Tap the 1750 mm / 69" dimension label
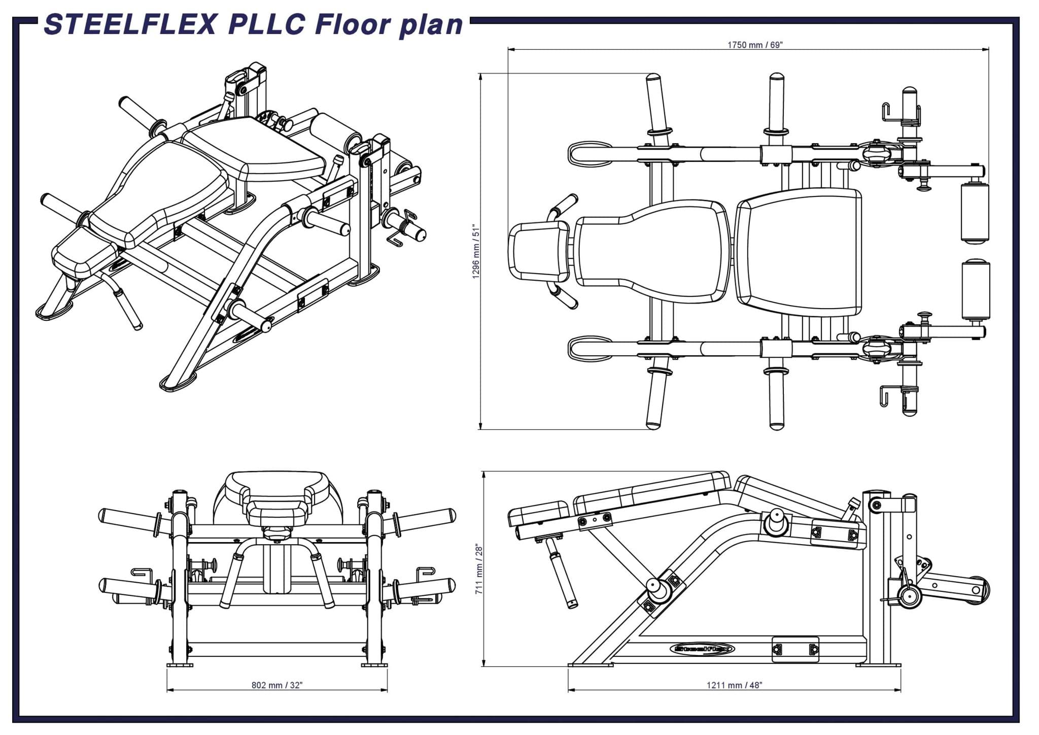click(755, 45)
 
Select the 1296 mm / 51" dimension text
click(476, 251)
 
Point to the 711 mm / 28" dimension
click(479, 569)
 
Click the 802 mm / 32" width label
click(277, 685)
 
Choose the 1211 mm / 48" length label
click(734, 685)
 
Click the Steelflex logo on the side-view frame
click(702, 649)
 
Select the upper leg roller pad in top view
click(975, 213)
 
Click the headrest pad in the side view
click(539, 513)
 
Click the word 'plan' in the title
click(431, 25)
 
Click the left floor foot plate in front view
click(180, 665)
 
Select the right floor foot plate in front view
click(374, 665)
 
